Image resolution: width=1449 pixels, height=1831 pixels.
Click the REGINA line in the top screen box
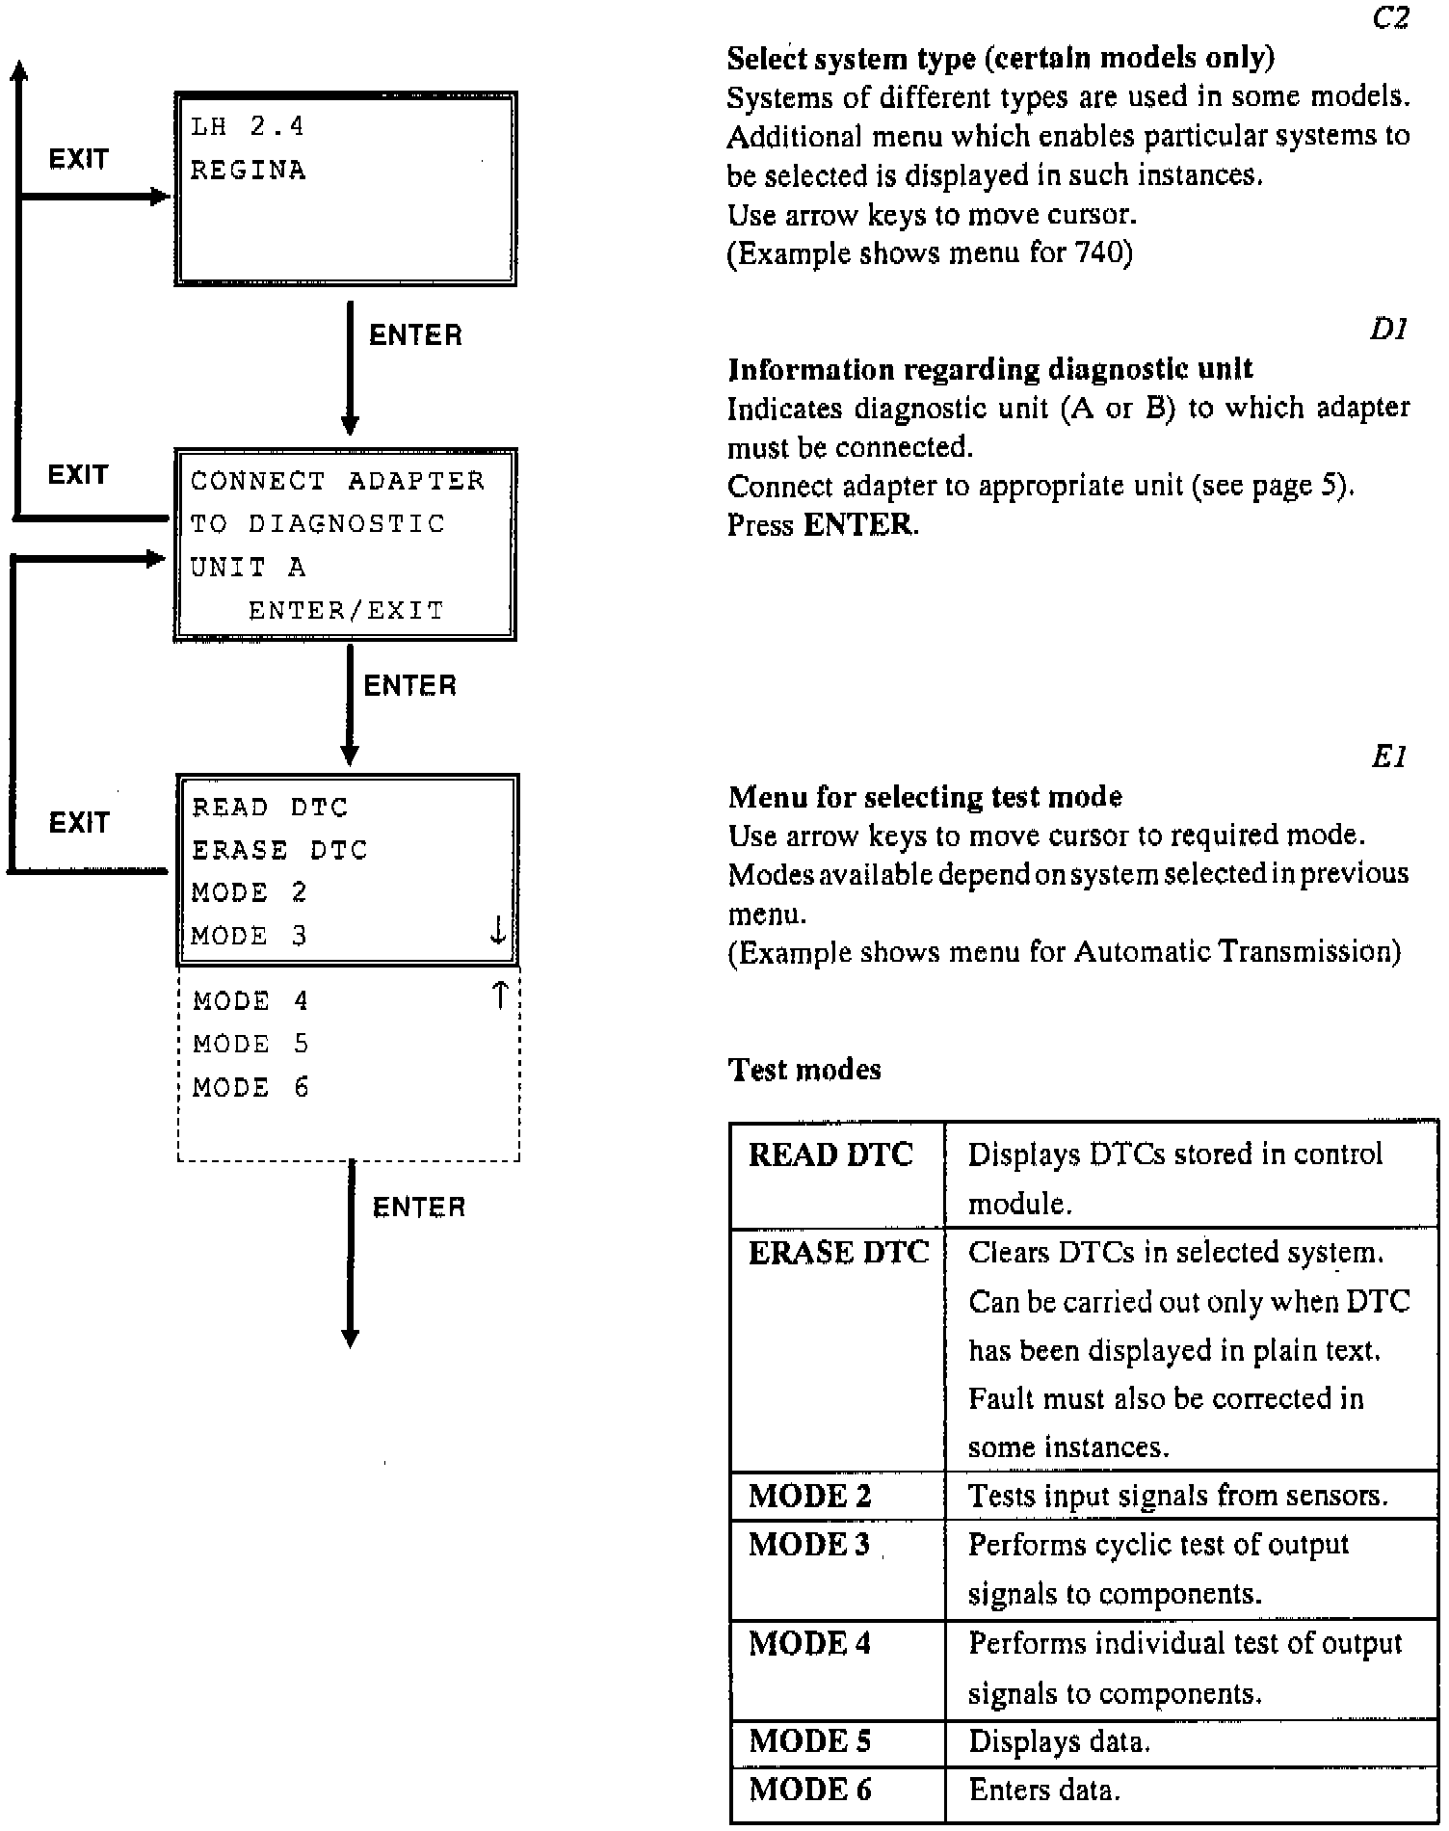248,171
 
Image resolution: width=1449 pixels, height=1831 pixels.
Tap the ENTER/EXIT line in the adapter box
346,610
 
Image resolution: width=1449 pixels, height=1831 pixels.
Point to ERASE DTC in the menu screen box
279,850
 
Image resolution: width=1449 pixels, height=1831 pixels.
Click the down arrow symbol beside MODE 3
498,931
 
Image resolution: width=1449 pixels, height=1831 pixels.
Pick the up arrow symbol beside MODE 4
499,995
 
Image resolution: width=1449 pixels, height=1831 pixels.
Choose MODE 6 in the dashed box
250,1088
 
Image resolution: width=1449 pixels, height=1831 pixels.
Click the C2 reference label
1389,18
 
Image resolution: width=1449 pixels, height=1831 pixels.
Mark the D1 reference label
1388,331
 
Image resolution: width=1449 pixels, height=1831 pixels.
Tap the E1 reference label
1389,758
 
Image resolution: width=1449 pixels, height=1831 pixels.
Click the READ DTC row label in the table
830,1154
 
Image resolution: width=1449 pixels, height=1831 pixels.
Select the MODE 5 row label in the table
809,1741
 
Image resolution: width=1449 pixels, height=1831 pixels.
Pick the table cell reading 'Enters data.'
1044,1791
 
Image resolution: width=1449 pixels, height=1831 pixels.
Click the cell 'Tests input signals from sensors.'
1177,1496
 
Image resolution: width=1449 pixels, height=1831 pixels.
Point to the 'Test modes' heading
804,1070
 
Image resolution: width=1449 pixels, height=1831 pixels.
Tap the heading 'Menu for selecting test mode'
925,797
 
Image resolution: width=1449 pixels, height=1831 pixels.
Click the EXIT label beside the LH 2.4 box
78,159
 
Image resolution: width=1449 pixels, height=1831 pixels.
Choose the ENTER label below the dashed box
418,1207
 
